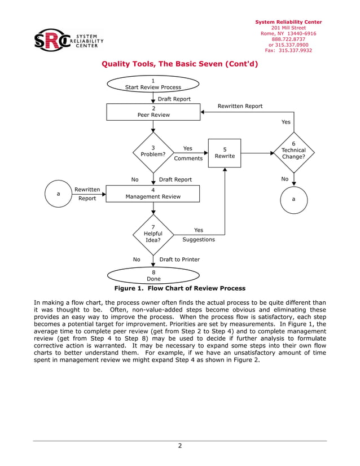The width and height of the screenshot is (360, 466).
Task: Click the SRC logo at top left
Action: tap(68, 41)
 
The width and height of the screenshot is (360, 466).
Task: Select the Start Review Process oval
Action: tap(153, 84)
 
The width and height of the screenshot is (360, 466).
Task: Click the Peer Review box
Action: tap(153, 111)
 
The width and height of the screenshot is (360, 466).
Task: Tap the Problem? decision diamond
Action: tap(153, 152)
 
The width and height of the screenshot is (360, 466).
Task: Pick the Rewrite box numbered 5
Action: tap(225, 153)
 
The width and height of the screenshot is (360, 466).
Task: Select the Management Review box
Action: tap(153, 194)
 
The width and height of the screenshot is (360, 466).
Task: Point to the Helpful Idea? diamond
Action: tap(153, 234)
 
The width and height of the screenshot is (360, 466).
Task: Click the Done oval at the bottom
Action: tap(153, 275)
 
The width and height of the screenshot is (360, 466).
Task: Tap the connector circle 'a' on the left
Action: tap(58, 194)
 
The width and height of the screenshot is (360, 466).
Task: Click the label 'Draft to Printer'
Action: tap(179, 260)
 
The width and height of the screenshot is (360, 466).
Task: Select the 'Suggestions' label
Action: tap(199, 239)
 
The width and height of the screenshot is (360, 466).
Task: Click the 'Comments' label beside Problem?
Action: tap(188, 159)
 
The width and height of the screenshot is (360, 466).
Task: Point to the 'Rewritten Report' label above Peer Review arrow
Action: tap(240, 106)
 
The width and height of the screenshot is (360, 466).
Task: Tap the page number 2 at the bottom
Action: tap(179, 446)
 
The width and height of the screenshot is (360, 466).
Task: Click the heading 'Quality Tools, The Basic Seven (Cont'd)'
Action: tap(179, 64)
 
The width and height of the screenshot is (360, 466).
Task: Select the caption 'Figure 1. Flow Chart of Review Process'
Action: tap(179, 288)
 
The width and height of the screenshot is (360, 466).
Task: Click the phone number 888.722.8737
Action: tap(288, 39)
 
